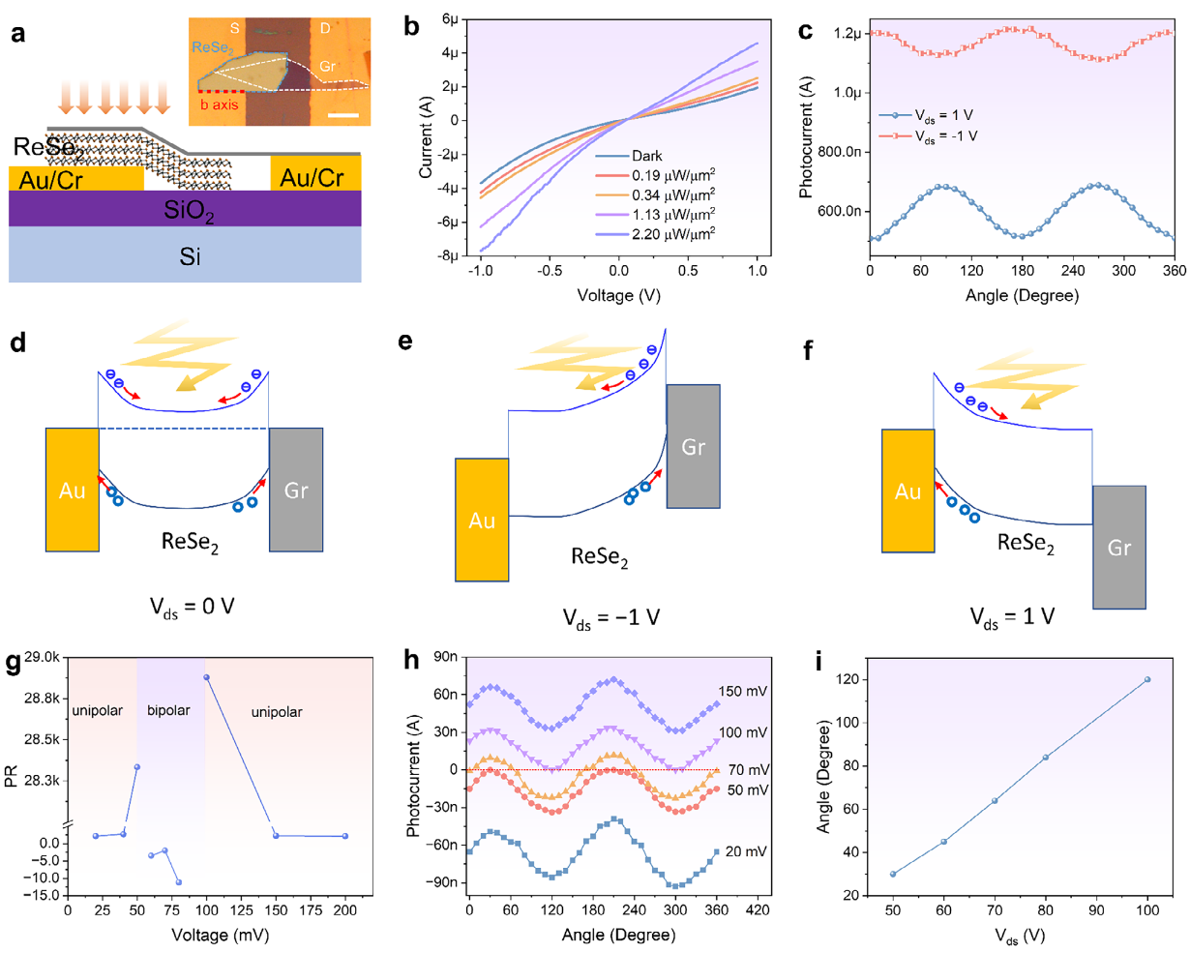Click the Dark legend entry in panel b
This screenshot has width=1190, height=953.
[x=647, y=156]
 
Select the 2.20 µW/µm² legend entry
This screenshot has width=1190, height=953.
[x=673, y=233]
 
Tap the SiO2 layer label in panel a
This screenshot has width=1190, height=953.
[x=190, y=209]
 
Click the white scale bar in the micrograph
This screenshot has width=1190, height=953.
[x=343, y=116]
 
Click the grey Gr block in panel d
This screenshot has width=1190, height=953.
[x=296, y=490]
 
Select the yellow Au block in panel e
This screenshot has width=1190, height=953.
[x=482, y=520]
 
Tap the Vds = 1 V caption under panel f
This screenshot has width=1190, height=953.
[x=1013, y=616]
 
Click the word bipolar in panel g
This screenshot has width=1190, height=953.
[x=168, y=710]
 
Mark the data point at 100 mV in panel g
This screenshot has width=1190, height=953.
[x=206, y=677]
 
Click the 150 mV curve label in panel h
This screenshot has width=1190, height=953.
[x=743, y=692]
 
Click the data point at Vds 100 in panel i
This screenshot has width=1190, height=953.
[x=1147, y=679]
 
